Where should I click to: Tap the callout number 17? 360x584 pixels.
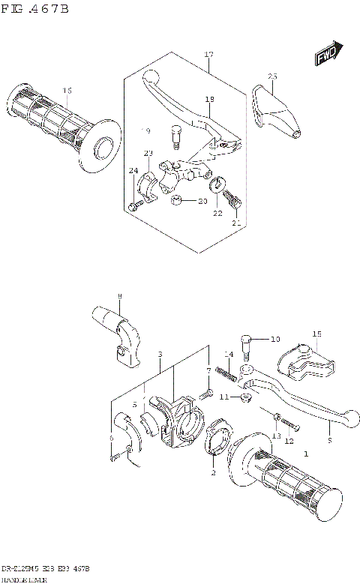coord(208,55)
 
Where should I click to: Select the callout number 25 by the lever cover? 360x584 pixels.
coord(272,76)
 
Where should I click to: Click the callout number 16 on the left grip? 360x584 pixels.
coord(67,91)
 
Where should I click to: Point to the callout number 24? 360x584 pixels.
coord(133,172)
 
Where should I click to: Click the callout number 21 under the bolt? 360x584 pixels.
coord(237,223)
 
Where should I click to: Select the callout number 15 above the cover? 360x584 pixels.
coord(316,334)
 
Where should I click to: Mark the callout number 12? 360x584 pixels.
coord(289,442)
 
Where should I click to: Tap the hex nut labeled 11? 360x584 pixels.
coord(245,397)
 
